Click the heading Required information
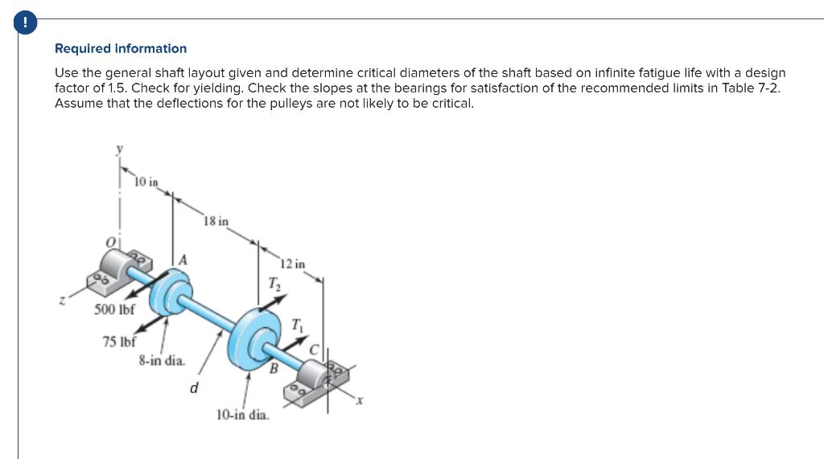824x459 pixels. pos(121,49)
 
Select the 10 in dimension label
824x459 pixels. pos(146,182)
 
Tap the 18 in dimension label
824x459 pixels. pos(216,221)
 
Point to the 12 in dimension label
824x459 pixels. pos(293,264)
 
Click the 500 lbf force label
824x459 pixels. pos(115,309)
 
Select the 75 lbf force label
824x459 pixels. pos(120,341)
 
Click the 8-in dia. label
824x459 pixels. pos(161,361)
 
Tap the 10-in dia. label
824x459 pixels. pos(243,415)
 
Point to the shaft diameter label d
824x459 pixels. pos(193,388)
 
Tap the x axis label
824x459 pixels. pos(361,401)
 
